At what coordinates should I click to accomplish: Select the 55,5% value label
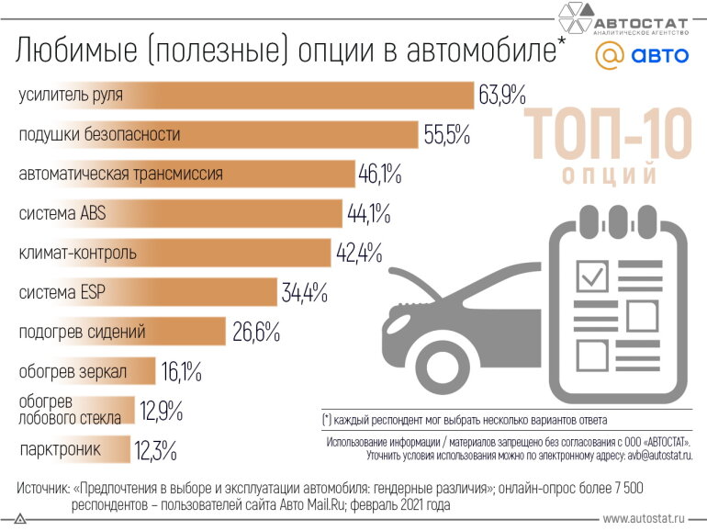(447, 135)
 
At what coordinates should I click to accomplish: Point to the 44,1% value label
(369, 214)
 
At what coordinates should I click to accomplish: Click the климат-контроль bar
(174, 253)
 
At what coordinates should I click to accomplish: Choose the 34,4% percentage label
(305, 293)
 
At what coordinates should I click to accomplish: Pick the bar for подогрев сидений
(120, 332)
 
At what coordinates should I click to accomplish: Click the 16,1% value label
(181, 372)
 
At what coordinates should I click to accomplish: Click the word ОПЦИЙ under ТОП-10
(608, 174)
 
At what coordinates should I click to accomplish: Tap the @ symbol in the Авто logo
(609, 55)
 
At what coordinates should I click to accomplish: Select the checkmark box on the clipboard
(592, 274)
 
